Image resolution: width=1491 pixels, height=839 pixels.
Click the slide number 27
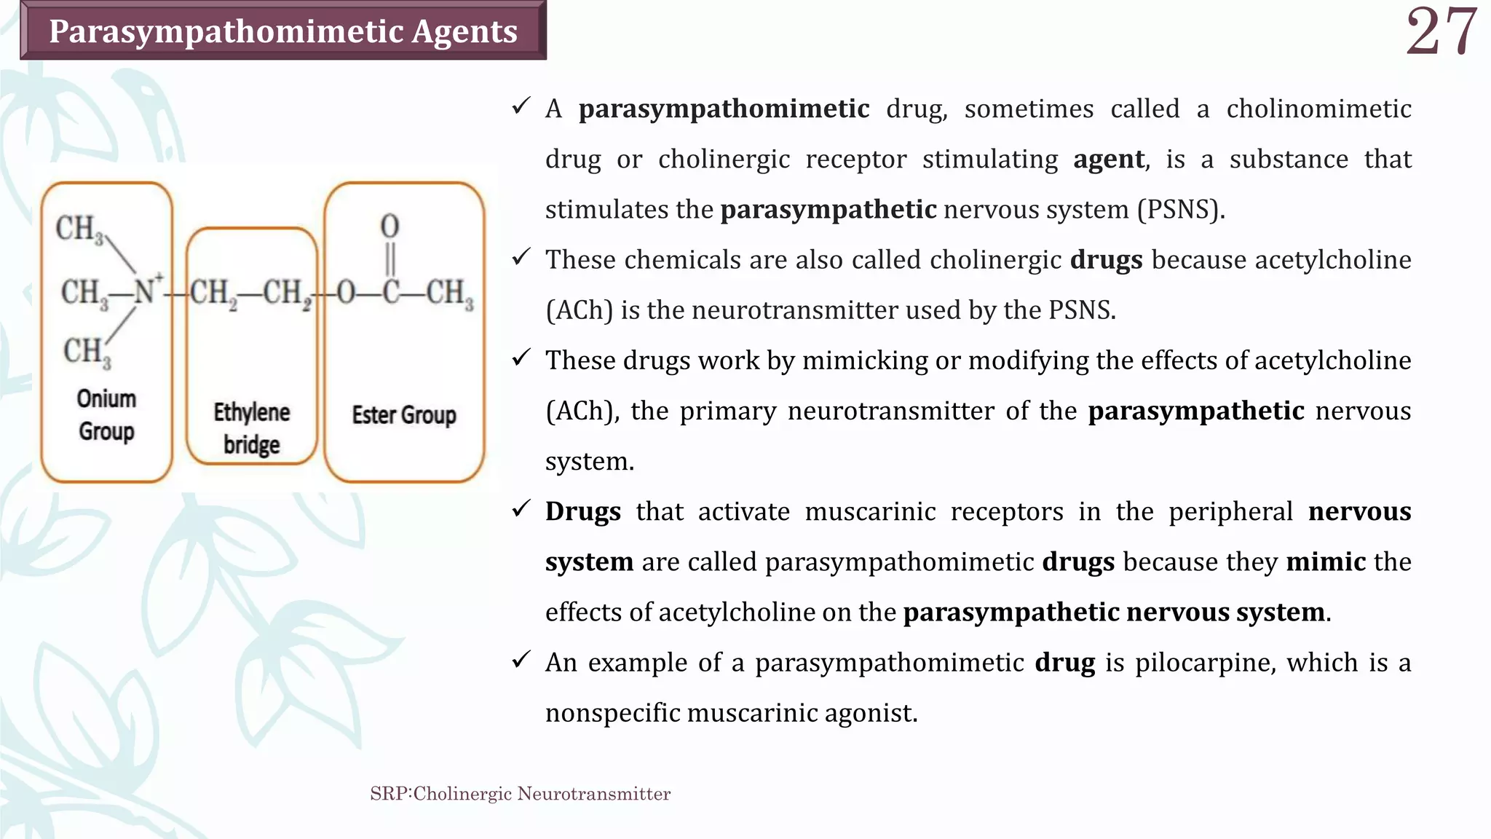(1441, 32)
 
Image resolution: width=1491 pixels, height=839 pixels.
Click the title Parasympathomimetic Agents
(282, 31)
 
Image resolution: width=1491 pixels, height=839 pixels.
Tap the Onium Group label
(106, 414)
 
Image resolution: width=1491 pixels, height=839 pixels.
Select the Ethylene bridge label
(251, 428)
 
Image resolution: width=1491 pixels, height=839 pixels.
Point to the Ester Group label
(404, 415)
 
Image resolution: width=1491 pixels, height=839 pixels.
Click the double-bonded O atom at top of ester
(389, 226)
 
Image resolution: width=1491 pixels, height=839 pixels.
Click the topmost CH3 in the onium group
(79, 229)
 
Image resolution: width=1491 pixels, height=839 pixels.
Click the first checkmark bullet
(521, 107)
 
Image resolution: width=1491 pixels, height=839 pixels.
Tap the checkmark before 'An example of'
(521, 661)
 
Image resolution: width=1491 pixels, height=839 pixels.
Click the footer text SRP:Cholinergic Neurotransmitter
(520, 794)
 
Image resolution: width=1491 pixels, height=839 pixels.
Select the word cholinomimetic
(1318, 109)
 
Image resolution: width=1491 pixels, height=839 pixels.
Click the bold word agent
(1109, 159)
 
